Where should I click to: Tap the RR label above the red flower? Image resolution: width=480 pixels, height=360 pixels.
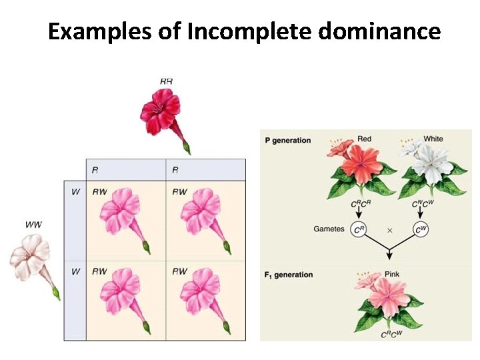coord(166,81)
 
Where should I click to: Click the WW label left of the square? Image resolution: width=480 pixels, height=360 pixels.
coord(33,225)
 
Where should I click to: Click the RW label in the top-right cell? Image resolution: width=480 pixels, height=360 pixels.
coord(179,192)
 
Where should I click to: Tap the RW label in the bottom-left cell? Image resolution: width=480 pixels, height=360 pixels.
coord(99,271)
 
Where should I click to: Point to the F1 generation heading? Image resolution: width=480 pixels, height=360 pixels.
coord(289,275)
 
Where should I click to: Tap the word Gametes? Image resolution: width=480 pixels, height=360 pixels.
coord(329,229)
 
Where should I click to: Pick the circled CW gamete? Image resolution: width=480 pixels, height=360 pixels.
coord(421,229)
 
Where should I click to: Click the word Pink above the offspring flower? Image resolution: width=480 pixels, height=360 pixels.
coord(393,274)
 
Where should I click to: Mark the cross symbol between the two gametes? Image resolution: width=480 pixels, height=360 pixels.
coord(389,229)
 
